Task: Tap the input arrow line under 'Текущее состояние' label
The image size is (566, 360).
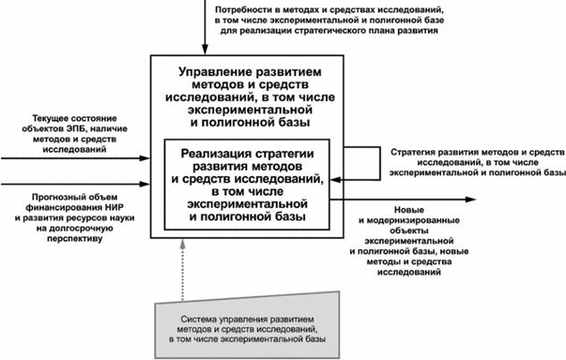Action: [x=71, y=159]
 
